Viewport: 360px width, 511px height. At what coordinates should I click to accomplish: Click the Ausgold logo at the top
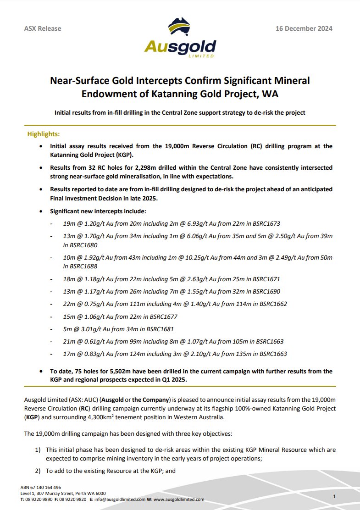[x=180, y=38]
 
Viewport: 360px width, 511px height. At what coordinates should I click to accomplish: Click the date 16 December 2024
[x=304, y=28]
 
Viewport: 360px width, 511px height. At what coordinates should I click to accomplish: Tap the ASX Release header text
[x=43, y=28]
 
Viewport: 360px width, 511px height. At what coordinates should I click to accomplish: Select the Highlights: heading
[x=44, y=134]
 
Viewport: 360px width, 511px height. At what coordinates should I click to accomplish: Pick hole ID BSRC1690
[x=264, y=291]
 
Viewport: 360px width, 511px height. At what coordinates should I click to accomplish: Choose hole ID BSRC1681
[x=157, y=329]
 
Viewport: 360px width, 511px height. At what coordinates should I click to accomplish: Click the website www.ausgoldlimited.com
[x=179, y=500]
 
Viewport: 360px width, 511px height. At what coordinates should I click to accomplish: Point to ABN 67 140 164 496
[x=41, y=487]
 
